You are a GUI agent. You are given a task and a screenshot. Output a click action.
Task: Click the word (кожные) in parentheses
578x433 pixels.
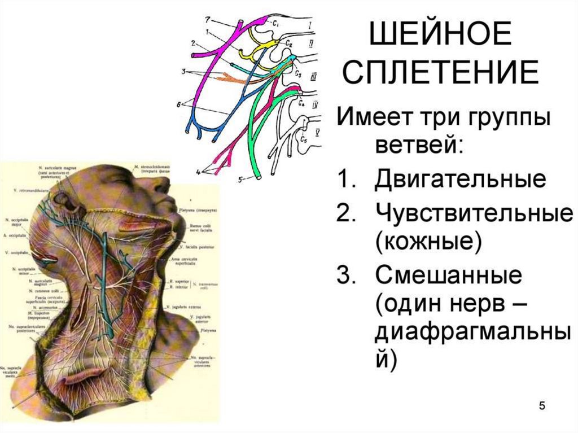coord(427,243)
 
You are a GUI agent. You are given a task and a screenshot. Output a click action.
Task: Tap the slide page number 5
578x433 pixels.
coord(542,406)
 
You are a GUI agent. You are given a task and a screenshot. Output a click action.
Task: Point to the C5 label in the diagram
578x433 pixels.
coord(305,139)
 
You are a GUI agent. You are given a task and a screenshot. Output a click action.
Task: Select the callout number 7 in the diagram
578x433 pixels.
coord(207,20)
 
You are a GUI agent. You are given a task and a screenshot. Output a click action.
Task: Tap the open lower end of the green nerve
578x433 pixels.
coord(257,176)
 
